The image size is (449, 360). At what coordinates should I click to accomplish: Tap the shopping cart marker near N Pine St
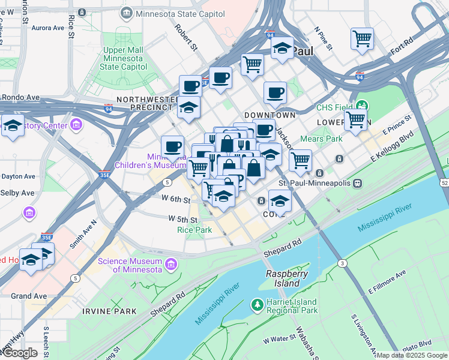(362, 39)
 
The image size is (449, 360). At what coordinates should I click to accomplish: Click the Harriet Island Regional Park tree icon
(257, 305)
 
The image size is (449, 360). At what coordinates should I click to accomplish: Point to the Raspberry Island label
(283, 278)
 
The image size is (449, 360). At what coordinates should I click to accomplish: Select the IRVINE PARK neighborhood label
(109, 311)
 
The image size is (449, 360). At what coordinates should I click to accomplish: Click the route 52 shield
(444, 182)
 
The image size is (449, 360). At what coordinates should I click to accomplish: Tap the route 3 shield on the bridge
(342, 263)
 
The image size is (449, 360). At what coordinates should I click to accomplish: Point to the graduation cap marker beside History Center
(12, 127)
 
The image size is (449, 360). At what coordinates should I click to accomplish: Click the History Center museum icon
(76, 125)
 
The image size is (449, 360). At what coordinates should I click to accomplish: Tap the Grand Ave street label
(28, 296)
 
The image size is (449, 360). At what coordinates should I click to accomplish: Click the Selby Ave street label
(18, 193)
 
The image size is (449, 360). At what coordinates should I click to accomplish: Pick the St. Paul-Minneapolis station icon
(358, 182)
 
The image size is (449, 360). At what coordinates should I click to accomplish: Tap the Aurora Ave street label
(47, 28)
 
